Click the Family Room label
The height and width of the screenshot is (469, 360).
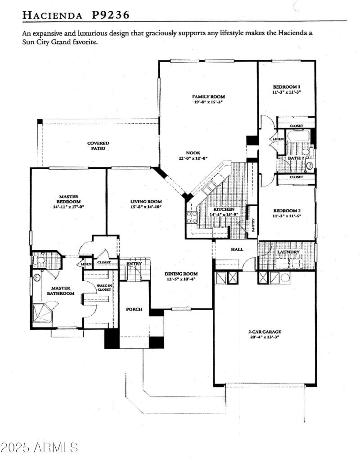(208, 97)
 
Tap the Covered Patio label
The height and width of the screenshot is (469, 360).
(98, 144)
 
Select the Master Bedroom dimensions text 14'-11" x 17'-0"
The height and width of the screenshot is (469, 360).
(68, 207)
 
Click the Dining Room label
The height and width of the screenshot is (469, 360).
(181, 274)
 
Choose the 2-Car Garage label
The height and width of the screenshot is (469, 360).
(265, 332)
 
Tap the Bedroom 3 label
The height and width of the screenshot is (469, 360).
(286, 86)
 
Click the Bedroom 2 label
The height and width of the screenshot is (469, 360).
(286, 211)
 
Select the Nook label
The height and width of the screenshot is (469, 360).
(193, 153)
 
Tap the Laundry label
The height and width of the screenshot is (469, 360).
(288, 252)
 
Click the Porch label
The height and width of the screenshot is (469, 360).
(134, 309)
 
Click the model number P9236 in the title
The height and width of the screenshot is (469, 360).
(111, 15)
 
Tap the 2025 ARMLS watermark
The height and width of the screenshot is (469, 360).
(39, 447)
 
